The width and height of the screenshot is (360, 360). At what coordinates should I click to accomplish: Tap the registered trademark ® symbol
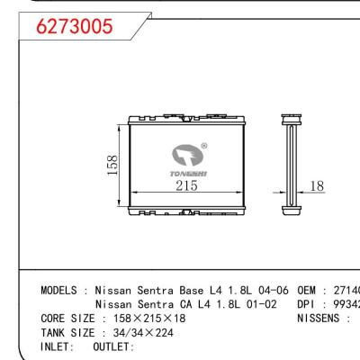coord(203,146)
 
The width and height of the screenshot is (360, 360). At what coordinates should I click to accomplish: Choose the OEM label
coord(307,292)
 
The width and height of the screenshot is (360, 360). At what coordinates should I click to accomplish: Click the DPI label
coord(307,306)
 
